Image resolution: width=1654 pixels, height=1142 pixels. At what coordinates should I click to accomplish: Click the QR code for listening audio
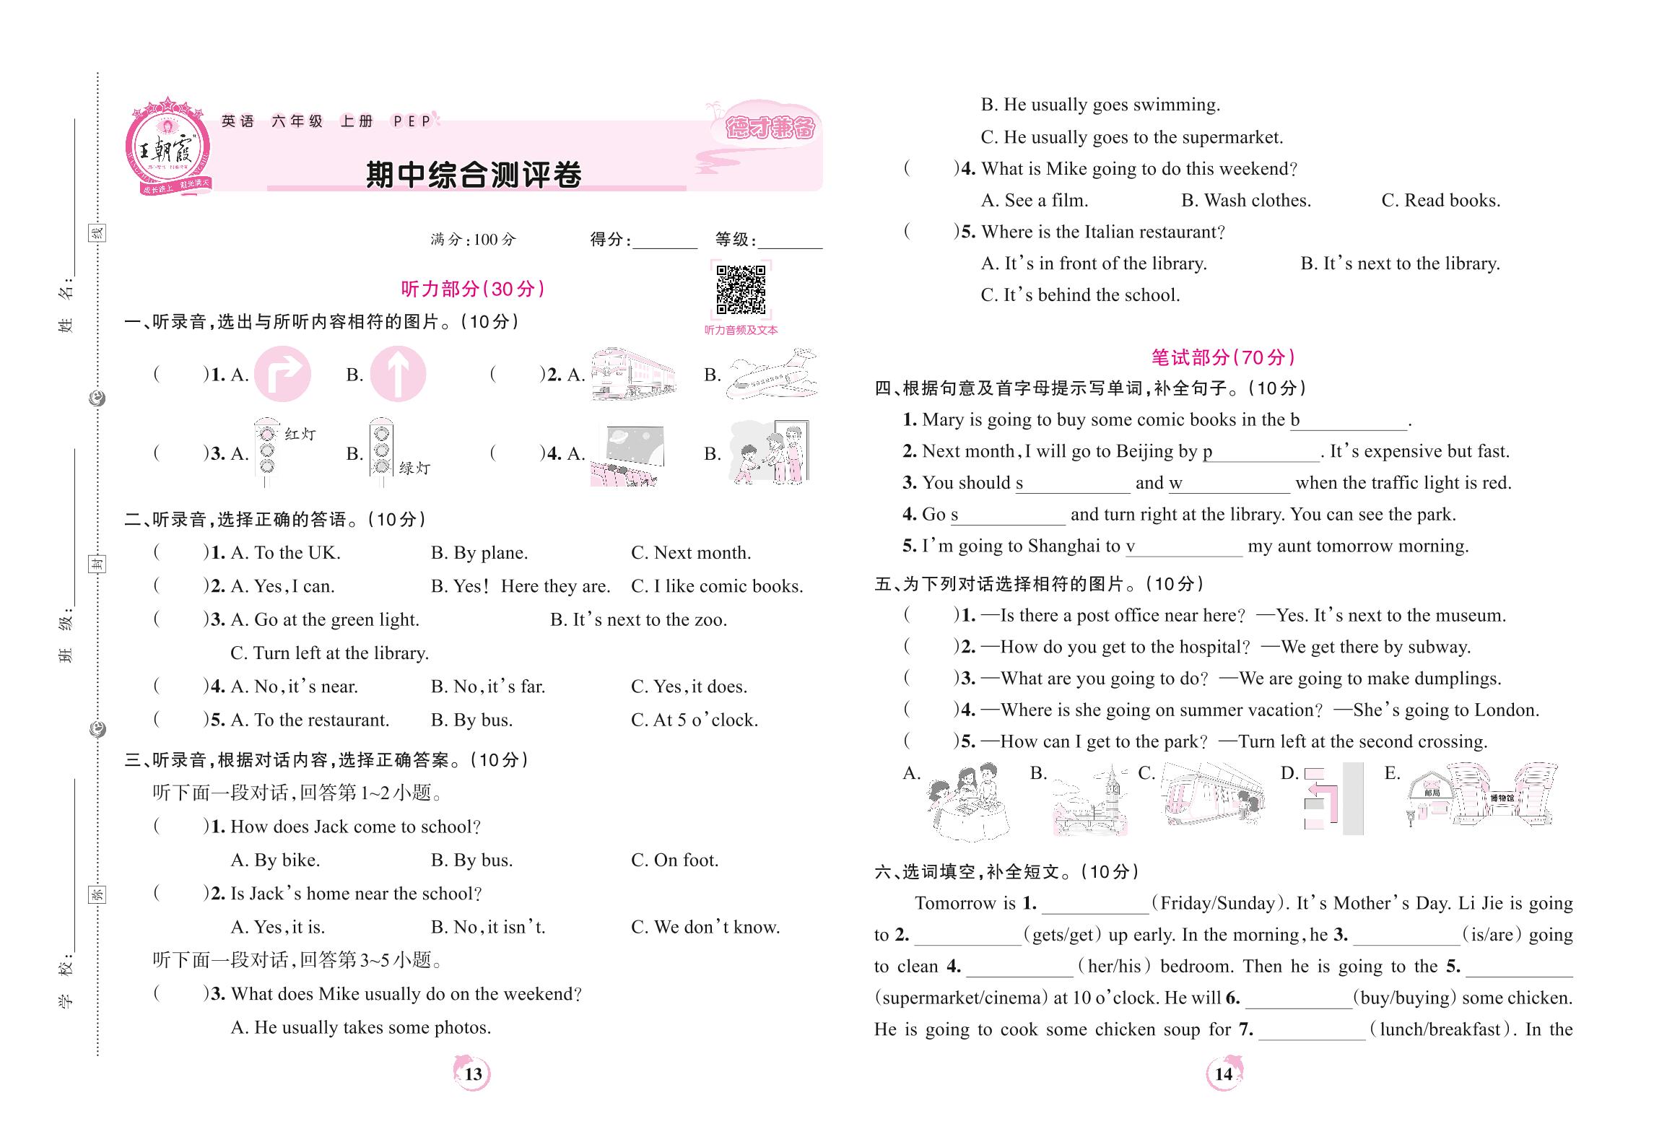click(x=741, y=290)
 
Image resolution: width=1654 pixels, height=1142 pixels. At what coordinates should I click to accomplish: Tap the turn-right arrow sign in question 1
click(x=282, y=374)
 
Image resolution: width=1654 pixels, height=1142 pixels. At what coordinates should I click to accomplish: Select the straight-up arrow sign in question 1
click(x=398, y=374)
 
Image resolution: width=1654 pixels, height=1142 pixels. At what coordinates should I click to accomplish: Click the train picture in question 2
click(x=633, y=374)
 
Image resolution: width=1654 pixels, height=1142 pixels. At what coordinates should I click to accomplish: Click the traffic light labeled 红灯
click(x=268, y=453)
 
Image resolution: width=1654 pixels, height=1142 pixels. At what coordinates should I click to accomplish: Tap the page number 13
click(x=473, y=1073)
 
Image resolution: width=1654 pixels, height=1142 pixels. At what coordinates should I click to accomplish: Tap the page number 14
click(x=1224, y=1073)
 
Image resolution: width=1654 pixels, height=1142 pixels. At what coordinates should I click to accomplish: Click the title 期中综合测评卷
click(x=474, y=175)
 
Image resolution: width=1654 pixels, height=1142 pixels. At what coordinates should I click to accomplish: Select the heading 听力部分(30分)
click(x=473, y=289)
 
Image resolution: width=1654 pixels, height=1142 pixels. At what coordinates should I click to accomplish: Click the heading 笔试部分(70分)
click(x=1223, y=357)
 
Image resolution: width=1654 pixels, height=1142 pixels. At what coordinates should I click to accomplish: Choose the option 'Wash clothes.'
click(x=1247, y=201)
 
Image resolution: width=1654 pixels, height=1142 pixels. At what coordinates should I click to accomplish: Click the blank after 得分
click(x=664, y=241)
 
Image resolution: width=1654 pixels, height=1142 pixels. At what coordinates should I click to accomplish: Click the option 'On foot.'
click(x=675, y=860)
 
